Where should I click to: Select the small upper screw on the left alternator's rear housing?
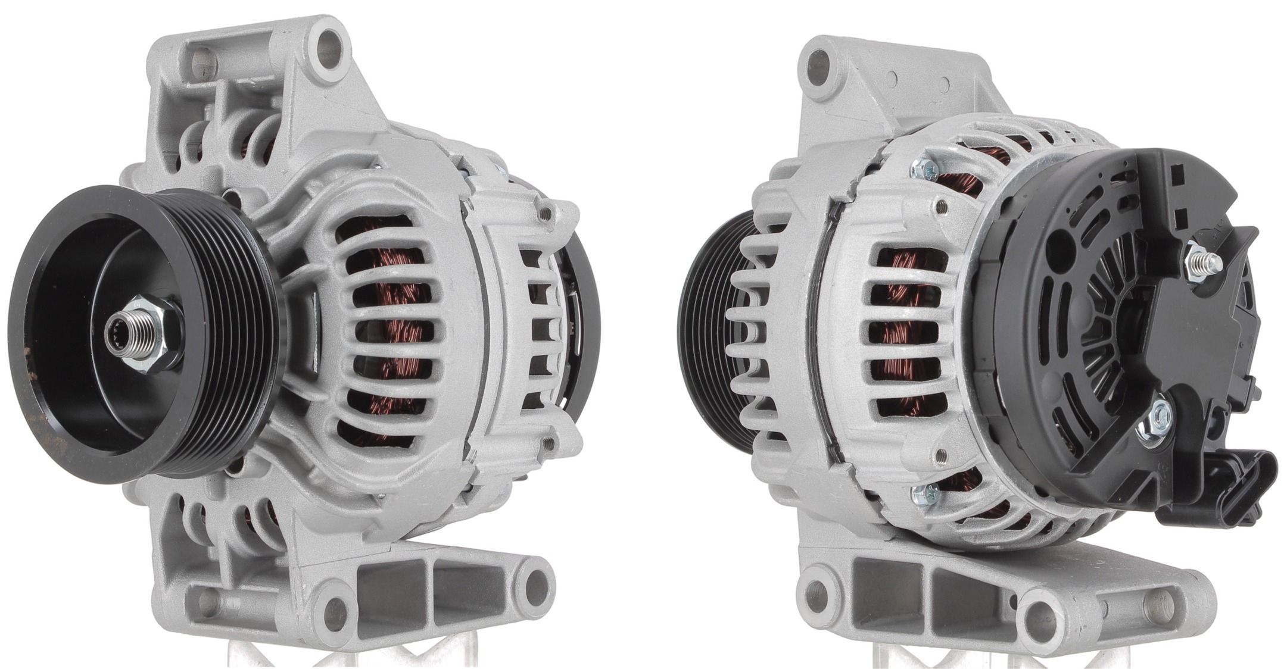point(546,211)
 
